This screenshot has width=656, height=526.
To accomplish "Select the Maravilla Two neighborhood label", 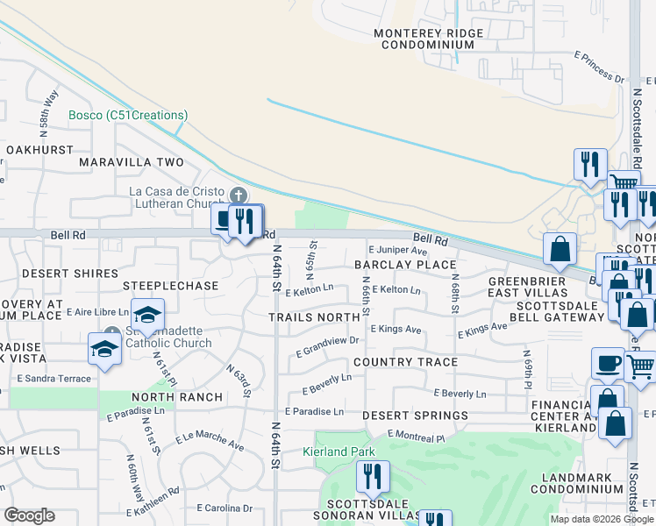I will coord(132,162).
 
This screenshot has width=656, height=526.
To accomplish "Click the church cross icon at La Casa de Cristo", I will coord(237,195).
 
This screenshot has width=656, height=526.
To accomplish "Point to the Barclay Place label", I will coord(405,265).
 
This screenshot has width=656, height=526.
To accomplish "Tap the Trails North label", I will coord(314,317).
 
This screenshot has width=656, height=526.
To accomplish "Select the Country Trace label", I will coord(405,362).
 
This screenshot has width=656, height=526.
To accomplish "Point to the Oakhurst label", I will coord(39,150).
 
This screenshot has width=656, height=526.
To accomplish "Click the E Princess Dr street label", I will coord(598,68).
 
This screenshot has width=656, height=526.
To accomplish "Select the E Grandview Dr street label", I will coord(328,346).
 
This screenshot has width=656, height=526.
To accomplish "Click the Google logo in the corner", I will coord(29,515).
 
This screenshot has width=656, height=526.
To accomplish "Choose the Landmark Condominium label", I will coord(577,482).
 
